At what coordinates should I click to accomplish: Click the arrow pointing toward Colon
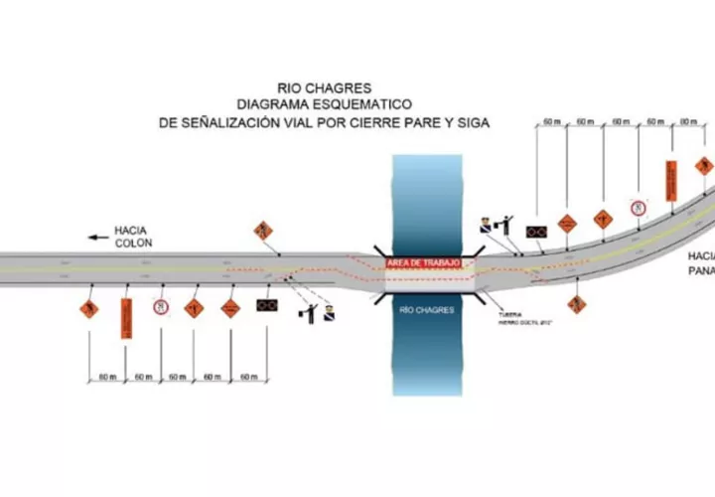(97, 237)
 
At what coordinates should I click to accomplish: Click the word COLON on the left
(132, 243)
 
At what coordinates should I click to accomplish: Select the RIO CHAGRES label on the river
(426, 310)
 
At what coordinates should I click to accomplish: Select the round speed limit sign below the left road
(159, 308)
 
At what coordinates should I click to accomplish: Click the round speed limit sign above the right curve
(638, 208)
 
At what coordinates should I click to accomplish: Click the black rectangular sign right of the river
(537, 232)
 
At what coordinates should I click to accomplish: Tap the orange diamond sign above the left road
(263, 231)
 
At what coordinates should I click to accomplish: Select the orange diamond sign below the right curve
(576, 303)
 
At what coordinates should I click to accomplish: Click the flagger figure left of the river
(309, 312)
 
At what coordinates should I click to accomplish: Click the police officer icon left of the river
(329, 315)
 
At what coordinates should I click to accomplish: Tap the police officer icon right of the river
(486, 225)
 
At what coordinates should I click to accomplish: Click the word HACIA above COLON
(132, 229)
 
